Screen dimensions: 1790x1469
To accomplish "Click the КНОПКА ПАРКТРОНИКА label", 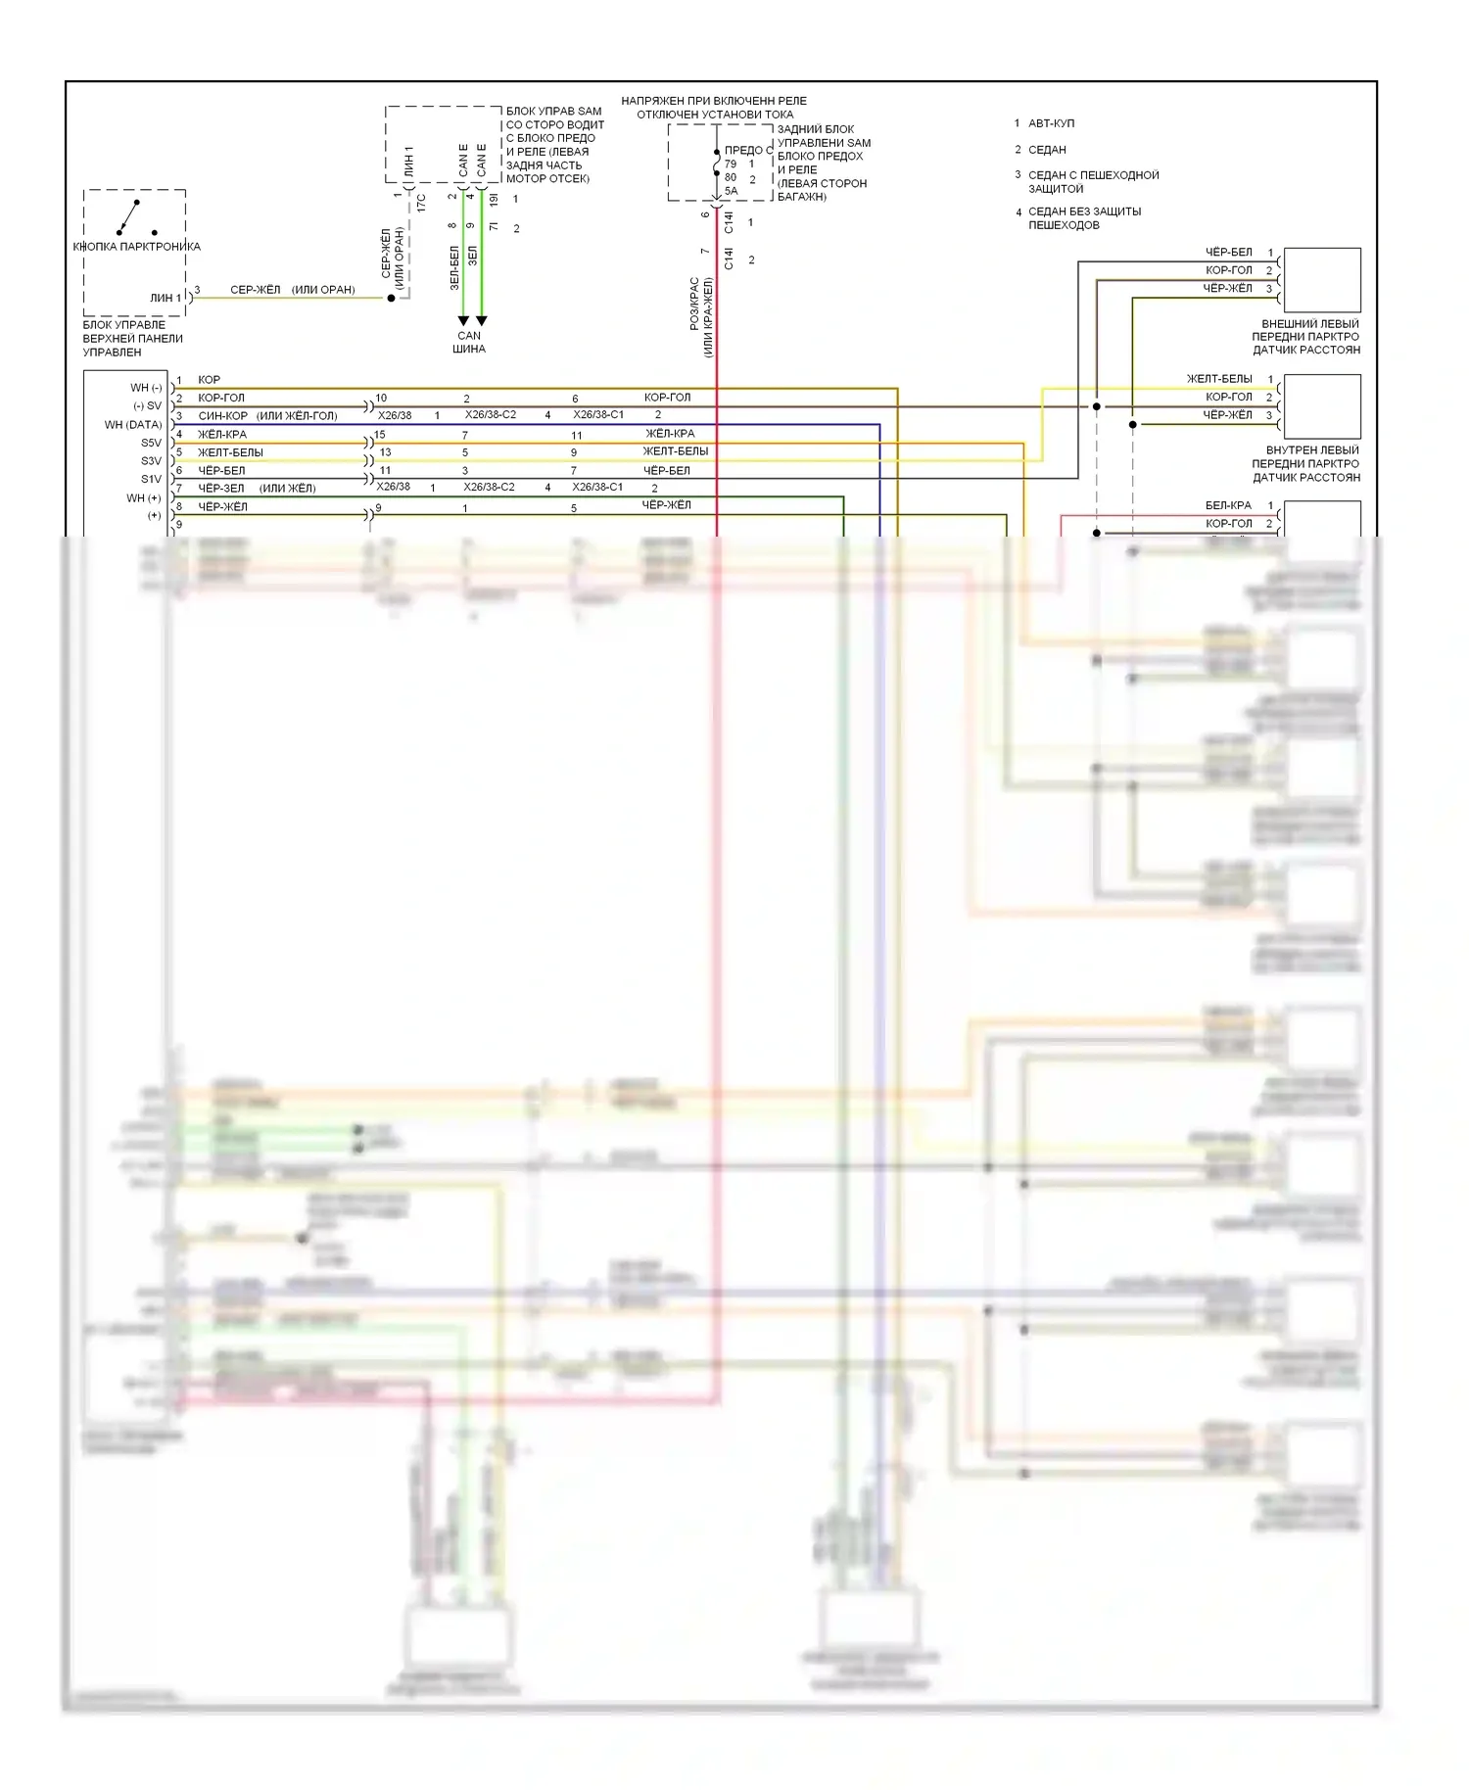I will coord(136,247).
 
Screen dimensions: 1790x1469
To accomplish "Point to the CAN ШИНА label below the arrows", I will coord(469,342).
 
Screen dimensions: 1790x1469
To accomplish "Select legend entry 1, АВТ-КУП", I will coord(1051,123).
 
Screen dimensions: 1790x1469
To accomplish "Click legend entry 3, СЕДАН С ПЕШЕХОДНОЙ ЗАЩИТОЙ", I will coord(1093,182).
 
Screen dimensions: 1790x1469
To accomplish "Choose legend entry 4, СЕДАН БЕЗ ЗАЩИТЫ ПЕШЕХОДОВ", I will coord(1084,218).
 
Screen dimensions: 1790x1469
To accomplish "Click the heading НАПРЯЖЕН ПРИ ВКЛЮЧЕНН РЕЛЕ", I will coord(714,101).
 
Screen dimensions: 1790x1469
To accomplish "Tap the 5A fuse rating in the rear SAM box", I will coord(731,191).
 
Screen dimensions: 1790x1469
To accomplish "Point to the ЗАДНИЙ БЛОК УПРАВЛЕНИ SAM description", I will coord(823,163).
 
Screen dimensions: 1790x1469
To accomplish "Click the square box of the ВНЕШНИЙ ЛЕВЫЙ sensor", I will coord(1321,280).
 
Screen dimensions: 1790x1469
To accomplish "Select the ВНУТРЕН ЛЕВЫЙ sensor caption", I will coord(1305,464).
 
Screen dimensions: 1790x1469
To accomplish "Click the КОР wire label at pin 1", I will coord(210,380).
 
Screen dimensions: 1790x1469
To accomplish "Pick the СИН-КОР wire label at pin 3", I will coord(222,416).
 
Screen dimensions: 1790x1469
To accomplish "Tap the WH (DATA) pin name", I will coord(133,425).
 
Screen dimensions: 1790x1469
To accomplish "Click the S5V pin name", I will coord(151,443).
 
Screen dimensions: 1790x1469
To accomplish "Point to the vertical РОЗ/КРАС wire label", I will coord(694,304).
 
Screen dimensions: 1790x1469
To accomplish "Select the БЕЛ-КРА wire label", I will coord(1228,506).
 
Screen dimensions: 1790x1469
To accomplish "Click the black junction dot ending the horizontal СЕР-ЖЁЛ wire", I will coord(391,298).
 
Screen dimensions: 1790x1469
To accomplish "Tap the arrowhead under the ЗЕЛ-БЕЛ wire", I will coord(463,321).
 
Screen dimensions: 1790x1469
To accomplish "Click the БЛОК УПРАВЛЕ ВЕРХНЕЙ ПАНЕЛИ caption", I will coord(132,339).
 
